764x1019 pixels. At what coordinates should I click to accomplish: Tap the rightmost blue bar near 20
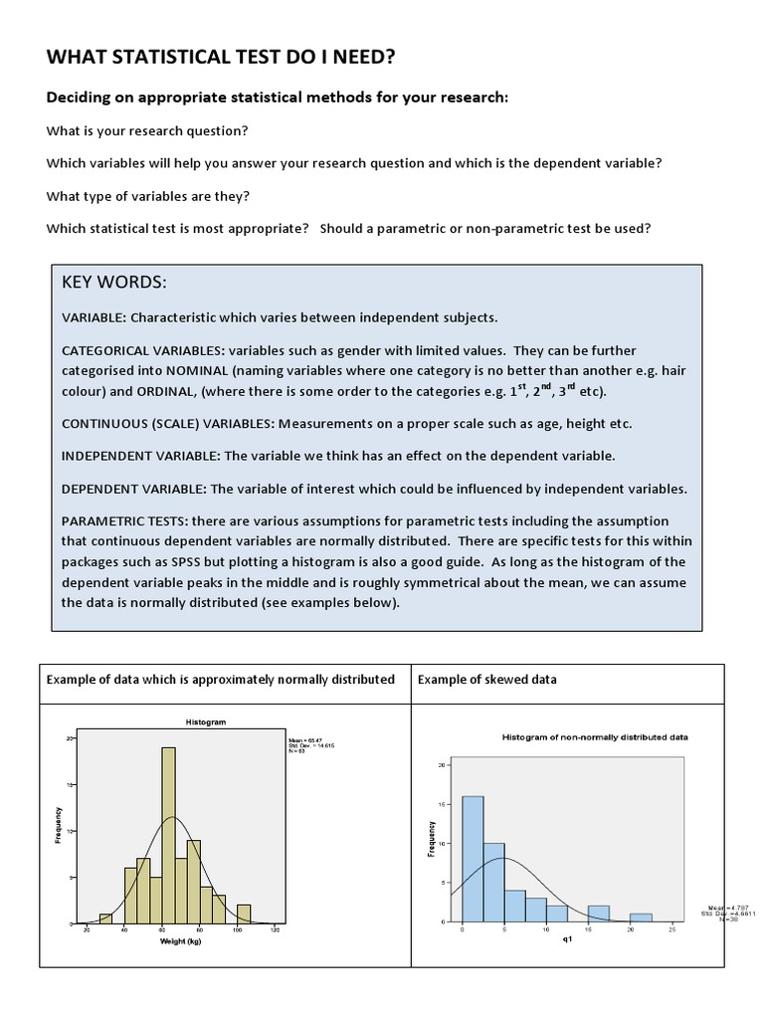[x=641, y=917]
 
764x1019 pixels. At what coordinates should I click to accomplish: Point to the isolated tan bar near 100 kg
[x=244, y=914]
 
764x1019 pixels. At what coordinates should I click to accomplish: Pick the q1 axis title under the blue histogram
[x=567, y=940]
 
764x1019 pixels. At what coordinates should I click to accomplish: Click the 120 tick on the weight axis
[x=275, y=930]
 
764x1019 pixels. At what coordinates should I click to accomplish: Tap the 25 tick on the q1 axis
[x=672, y=928]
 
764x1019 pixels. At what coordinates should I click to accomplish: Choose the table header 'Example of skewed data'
[x=487, y=680]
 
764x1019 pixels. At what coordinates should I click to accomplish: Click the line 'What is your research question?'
[x=147, y=131]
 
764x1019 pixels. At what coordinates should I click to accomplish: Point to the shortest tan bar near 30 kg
[x=105, y=918]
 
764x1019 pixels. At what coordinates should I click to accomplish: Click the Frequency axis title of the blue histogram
[x=432, y=838]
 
